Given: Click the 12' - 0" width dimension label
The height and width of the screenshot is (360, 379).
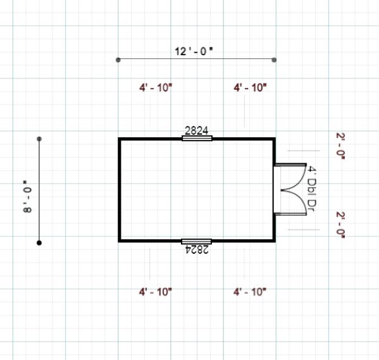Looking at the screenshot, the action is tap(194, 51).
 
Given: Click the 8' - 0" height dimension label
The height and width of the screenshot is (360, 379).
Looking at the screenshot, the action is tap(27, 196).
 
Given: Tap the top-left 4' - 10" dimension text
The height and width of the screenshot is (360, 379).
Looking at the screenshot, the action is tap(156, 87).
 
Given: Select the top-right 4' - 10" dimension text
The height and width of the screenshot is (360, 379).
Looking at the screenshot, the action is tap(250, 87).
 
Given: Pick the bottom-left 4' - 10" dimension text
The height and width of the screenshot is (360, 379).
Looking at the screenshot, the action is tap(156, 292).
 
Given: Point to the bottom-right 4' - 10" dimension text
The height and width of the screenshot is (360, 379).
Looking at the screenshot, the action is tap(250, 292).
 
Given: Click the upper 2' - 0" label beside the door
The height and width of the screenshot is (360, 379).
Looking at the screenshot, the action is tap(340, 146).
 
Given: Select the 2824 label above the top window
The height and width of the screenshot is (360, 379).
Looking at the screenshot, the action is tap(197, 131).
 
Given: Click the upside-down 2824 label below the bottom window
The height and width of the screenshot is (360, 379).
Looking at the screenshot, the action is tap(197, 249).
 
